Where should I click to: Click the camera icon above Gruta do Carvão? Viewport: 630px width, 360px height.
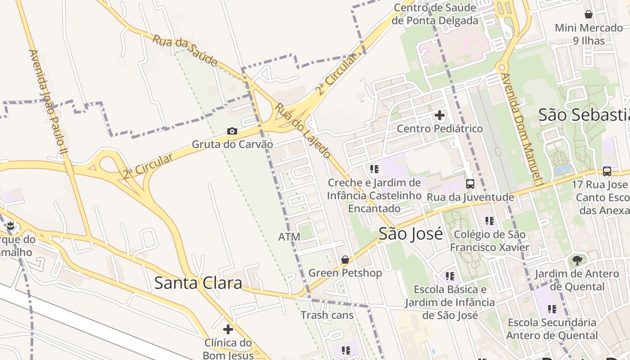click(232, 131)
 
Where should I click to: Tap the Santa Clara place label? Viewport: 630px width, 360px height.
click(198, 283)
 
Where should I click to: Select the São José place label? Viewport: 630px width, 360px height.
click(410, 234)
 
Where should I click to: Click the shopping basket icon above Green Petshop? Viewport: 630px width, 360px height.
click(345, 260)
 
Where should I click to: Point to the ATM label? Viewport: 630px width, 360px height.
click(289, 237)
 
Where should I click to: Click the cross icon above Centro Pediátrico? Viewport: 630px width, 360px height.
click(440, 116)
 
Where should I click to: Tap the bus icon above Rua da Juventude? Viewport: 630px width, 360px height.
click(470, 184)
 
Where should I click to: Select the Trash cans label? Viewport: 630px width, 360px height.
click(327, 315)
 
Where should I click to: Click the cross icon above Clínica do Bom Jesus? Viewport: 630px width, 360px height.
click(228, 329)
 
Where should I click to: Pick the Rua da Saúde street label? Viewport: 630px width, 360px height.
click(184, 50)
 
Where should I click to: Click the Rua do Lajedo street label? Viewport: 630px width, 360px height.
click(303, 130)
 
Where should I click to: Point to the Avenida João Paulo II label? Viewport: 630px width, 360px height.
click(47, 103)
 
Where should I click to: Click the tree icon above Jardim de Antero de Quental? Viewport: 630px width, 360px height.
click(577, 260)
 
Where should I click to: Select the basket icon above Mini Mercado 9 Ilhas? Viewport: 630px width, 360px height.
click(588, 14)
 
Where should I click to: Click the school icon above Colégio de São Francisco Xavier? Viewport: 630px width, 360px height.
click(490, 221)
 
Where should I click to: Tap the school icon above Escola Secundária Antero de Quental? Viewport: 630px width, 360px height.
click(552, 309)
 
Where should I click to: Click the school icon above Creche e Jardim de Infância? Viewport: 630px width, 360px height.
click(374, 169)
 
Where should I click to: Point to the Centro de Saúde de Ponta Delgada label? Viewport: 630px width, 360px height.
click(435, 14)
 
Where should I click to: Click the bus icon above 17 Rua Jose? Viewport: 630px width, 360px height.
click(607, 171)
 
